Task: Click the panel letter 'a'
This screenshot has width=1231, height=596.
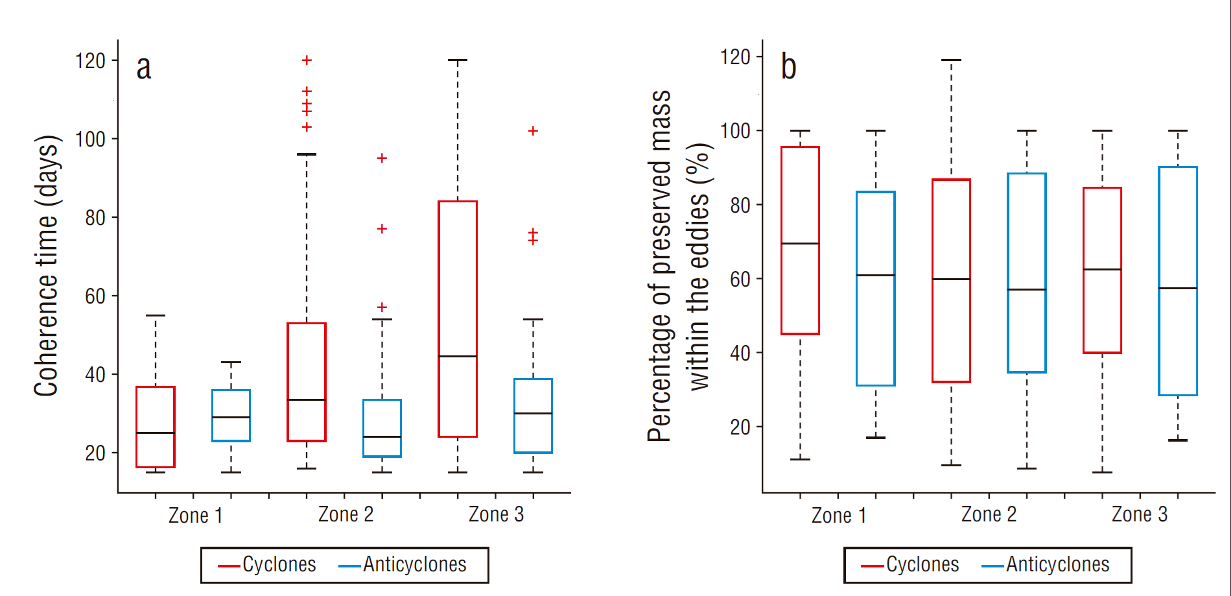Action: pos(143,68)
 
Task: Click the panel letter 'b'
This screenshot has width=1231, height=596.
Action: pos(788,67)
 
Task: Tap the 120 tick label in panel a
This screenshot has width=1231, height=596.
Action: pos(90,61)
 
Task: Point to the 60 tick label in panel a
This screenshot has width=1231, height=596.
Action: pos(95,296)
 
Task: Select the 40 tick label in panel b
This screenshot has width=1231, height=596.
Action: pos(740,353)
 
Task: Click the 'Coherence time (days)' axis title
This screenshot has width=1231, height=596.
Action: pos(46,266)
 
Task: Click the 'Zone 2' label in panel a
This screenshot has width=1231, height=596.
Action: pos(346,514)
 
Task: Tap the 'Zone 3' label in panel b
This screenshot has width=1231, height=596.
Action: pos(1139,514)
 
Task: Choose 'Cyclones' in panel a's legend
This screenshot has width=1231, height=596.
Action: pos(279,565)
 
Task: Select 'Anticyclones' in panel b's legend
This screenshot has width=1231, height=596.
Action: pos(1057,565)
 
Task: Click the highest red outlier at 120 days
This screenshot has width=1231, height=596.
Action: pos(307,60)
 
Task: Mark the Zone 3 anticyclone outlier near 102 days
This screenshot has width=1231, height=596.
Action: pos(533,131)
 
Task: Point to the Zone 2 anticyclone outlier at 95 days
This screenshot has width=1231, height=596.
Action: pos(382,158)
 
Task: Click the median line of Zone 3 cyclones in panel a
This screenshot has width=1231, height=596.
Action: pos(458,356)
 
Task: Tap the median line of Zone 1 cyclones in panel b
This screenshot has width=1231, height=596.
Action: pos(800,243)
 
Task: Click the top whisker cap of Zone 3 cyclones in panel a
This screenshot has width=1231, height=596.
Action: pos(458,60)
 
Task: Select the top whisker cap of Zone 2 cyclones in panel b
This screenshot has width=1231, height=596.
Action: pos(951,60)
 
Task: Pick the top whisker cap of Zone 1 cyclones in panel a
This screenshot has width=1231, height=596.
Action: pos(156,316)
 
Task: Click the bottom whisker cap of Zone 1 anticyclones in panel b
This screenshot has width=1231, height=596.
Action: pos(876,438)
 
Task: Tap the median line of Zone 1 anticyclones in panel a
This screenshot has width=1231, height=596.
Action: pos(231,417)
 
